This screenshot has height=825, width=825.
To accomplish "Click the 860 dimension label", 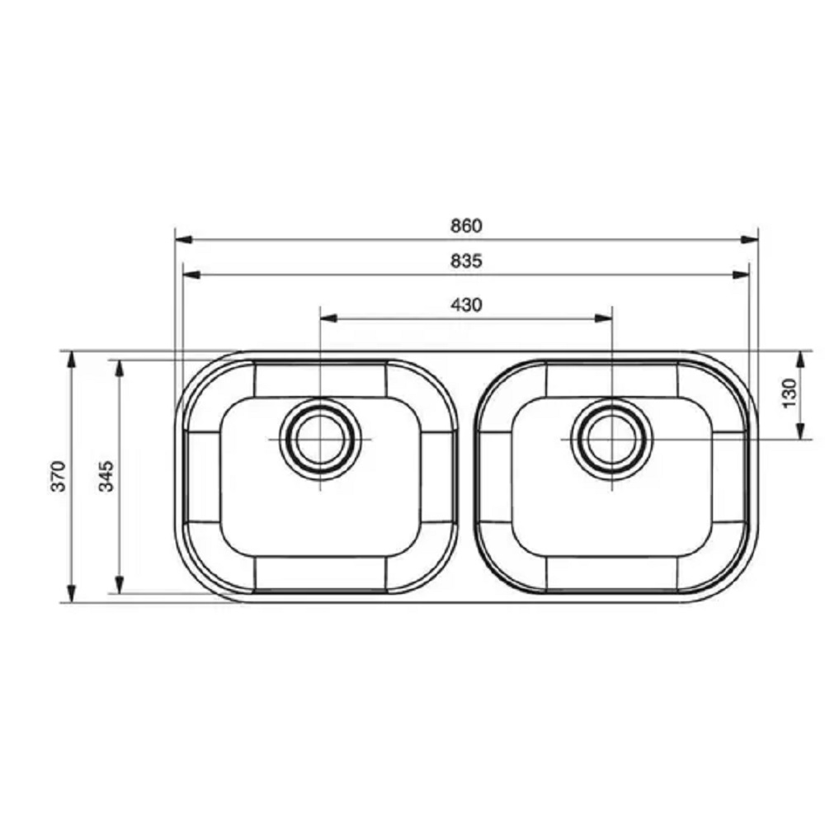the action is pos(466,226).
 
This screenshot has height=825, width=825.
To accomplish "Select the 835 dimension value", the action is pos(466,261).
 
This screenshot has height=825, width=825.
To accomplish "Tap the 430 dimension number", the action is pos(466,305).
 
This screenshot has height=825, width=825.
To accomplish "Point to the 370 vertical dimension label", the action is pos(59,476).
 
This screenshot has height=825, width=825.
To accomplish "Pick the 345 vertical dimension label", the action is pos(106,476).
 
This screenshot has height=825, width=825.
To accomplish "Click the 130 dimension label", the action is pos(790,393).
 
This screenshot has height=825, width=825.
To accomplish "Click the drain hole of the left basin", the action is pos(320,440).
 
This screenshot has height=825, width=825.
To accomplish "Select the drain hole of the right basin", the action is pos(612,440).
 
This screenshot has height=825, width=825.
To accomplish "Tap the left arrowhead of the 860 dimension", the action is pos(184,240).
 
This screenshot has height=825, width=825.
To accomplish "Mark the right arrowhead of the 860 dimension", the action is pos(749,240).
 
